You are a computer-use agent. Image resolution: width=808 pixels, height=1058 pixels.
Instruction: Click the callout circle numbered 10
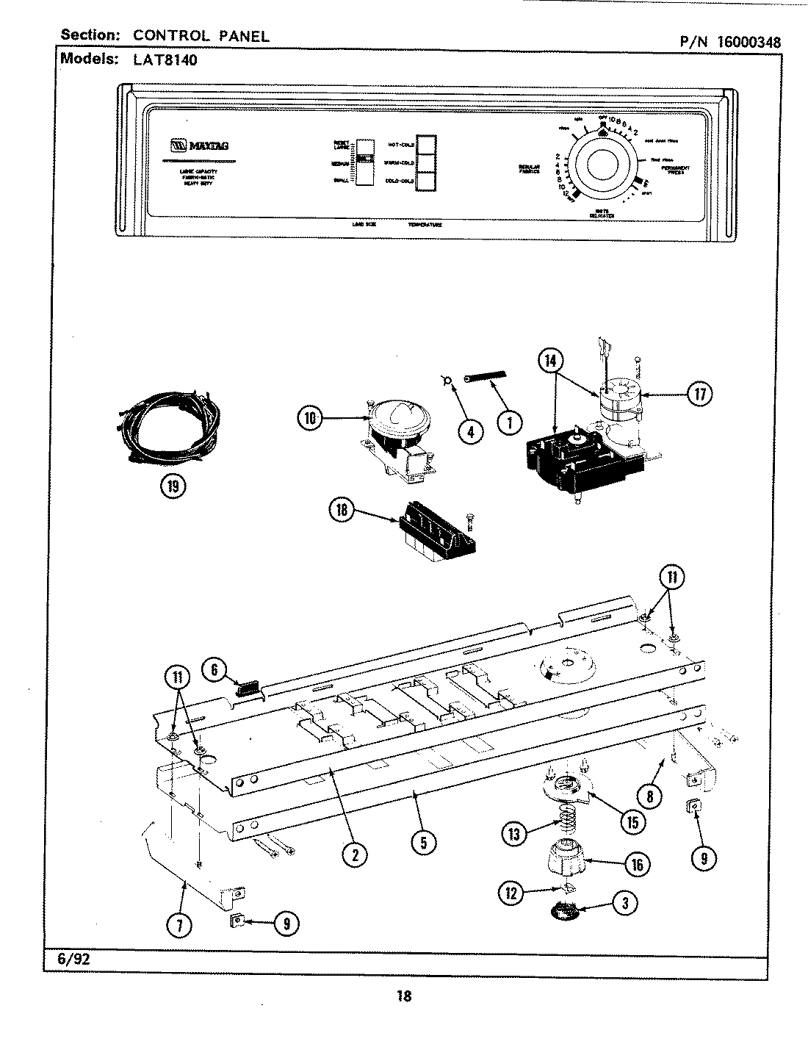coord(311,418)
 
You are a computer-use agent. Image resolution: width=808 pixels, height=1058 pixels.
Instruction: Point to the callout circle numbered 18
coord(342,511)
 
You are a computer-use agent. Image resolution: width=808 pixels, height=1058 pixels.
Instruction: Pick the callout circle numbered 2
coord(355,854)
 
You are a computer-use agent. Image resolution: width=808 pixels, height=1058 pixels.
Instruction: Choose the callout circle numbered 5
coord(423,843)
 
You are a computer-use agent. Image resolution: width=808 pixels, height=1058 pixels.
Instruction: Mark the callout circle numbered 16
coord(636,864)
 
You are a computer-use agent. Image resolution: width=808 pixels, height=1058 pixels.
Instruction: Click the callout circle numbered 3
coord(624,904)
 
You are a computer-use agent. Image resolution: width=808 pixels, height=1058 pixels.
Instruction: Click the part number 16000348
coord(744,42)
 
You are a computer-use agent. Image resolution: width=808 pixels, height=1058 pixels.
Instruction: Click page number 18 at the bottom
coord(403,996)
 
